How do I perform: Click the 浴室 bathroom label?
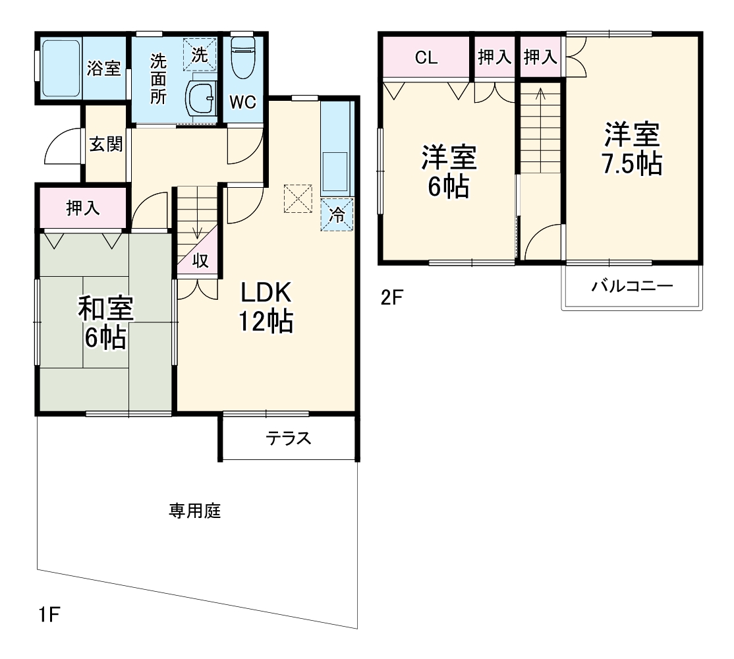coord(104,68)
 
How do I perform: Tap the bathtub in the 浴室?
coord(60,68)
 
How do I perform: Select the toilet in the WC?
coord(244,53)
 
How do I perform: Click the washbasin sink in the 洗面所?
coord(200,100)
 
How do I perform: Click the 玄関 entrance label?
coord(105,144)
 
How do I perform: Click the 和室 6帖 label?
coord(105,323)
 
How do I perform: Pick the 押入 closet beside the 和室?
coord(83,208)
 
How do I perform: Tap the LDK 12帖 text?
coord(266,306)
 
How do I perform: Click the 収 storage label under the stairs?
coord(200,261)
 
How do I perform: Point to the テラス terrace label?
coord(288,438)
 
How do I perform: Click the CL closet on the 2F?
coord(426,57)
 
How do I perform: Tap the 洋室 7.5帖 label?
coord(631,149)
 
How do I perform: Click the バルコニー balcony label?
coord(631,287)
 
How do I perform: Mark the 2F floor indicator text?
coord(391,297)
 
